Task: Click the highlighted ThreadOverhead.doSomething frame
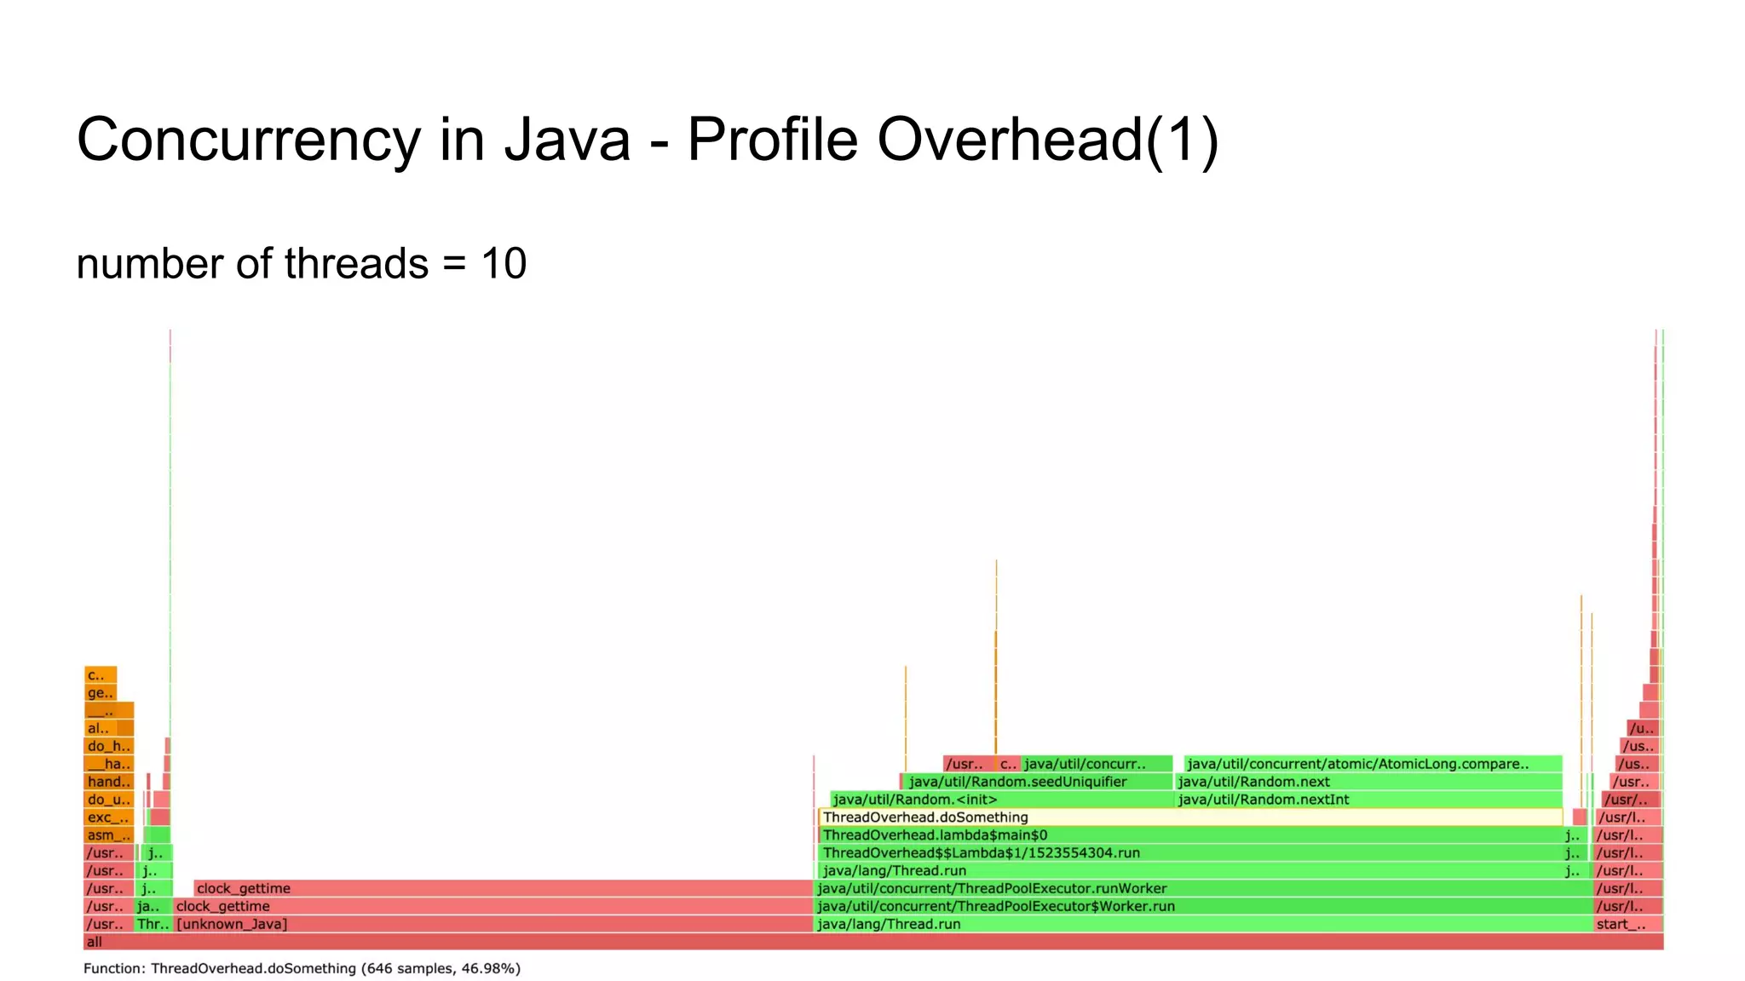pyautogui.click(x=1189, y=817)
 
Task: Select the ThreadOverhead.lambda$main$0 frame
pyautogui.click(x=1189, y=835)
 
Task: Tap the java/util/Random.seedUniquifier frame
pyautogui.click(x=1036, y=782)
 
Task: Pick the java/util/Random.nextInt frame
pyautogui.click(x=1368, y=800)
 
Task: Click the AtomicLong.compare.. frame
pyautogui.click(x=1372, y=764)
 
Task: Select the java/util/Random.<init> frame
pyautogui.click(x=1001, y=800)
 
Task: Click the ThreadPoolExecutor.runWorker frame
pyautogui.click(x=1201, y=888)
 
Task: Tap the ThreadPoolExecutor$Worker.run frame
pyautogui.click(x=1201, y=906)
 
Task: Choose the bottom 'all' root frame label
pyautogui.click(x=95, y=942)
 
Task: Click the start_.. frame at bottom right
pyautogui.click(x=1627, y=924)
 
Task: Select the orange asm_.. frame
pyautogui.click(x=109, y=835)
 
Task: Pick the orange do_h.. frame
pyautogui.click(x=109, y=746)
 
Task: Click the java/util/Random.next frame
pyautogui.click(x=1368, y=782)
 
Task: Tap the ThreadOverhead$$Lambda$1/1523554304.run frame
pyautogui.click(x=1189, y=853)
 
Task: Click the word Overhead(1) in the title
pyautogui.click(x=1047, y=139)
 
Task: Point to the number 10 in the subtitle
pyautogui.click(x=504, y=263)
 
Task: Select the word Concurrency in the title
pyautogui.click(x=248, y=139)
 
